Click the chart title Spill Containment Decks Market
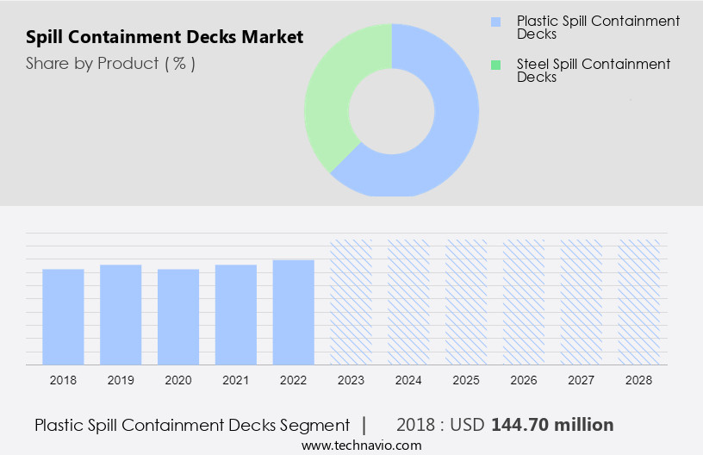[x=164, y=37]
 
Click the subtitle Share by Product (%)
[x=110, y=64]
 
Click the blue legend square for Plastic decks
[x=495, y=22]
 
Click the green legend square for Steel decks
[x=495, y=65]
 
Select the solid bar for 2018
[x=63, y=316]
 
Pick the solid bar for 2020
[x=178, y=316]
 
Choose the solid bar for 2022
[x=294, y=312]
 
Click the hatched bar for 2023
[x=351, y=302]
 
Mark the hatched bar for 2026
[x=524, y=302]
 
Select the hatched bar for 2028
[x=639, y=302]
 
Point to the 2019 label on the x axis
[x=121, y=380]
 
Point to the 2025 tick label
[x=466, y=380]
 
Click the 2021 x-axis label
[x=236, y=380]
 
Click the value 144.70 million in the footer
[x=552, y=425]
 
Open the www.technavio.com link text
[x=362, y=445]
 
